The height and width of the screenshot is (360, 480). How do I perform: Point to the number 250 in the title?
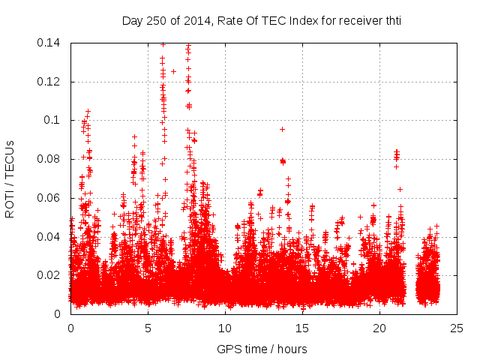(x=156, y=20)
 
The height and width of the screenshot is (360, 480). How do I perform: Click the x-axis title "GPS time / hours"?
(x=262, y=349)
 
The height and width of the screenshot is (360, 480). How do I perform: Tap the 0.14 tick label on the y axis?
(x=50, y=43)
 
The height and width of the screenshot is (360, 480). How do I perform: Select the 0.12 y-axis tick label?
(x=50, y=82)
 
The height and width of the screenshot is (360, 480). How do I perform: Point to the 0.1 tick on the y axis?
(x=53, y=120)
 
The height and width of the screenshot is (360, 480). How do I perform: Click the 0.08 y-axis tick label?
(x=50, y=159)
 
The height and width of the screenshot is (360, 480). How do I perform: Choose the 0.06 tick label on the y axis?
(x=50, y=198)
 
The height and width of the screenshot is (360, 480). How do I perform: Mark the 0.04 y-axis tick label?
(x=50, y=237)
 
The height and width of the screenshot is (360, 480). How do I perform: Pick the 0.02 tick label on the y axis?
(x=50, y=275)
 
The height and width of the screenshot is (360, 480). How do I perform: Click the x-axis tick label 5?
(x=148, y=328)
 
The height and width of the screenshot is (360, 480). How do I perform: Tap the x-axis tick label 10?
(x=225, y=328)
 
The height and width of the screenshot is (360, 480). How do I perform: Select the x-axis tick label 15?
(x=302, y=328)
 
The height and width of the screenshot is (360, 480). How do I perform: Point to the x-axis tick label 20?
(x=379, y=328)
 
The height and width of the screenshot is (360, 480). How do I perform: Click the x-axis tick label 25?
(x=457, y=328)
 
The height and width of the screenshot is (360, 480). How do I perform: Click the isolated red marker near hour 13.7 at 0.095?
(x=282, y=129)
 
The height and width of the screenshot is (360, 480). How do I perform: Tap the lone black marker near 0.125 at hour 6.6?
(x=173, y=71)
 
